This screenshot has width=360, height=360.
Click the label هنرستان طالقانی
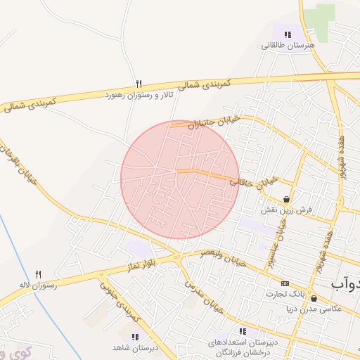coord(288,45)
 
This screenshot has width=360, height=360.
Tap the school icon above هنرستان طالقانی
coord(288,34)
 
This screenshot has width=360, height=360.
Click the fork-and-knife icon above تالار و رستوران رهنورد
coord(139,82)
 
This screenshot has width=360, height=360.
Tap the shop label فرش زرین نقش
coord(285,210)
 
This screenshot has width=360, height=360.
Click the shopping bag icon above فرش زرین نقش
coord(285,199)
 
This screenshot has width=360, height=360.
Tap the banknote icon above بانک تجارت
coord(285,283)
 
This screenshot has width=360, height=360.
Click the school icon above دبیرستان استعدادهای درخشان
coord(243,331)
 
